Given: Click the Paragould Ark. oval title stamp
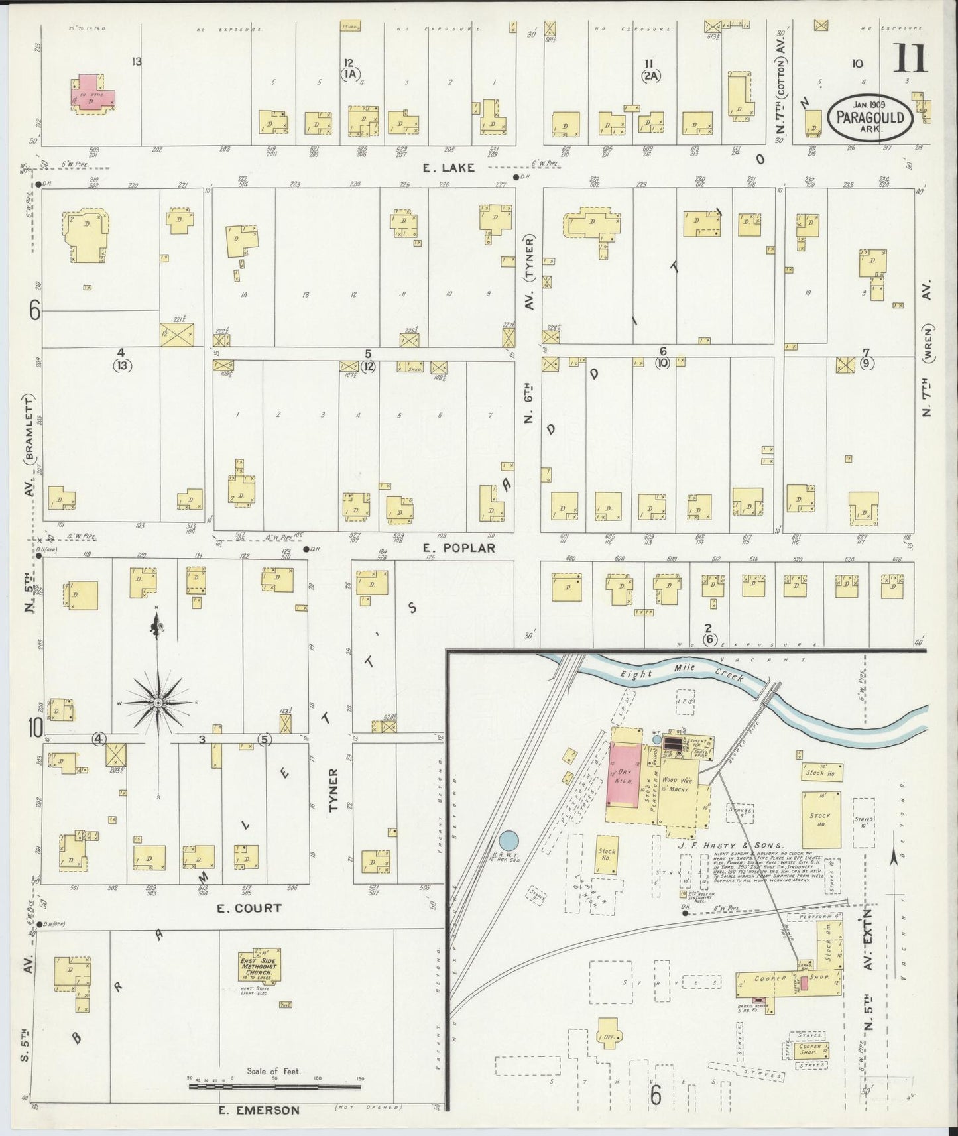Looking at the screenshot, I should click(870, 117).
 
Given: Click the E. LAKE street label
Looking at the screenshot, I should click(449, 168).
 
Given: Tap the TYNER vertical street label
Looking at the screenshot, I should click(334, 790).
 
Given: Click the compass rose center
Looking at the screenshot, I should click(158, 702).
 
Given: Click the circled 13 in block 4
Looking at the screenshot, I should click(122, 365).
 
